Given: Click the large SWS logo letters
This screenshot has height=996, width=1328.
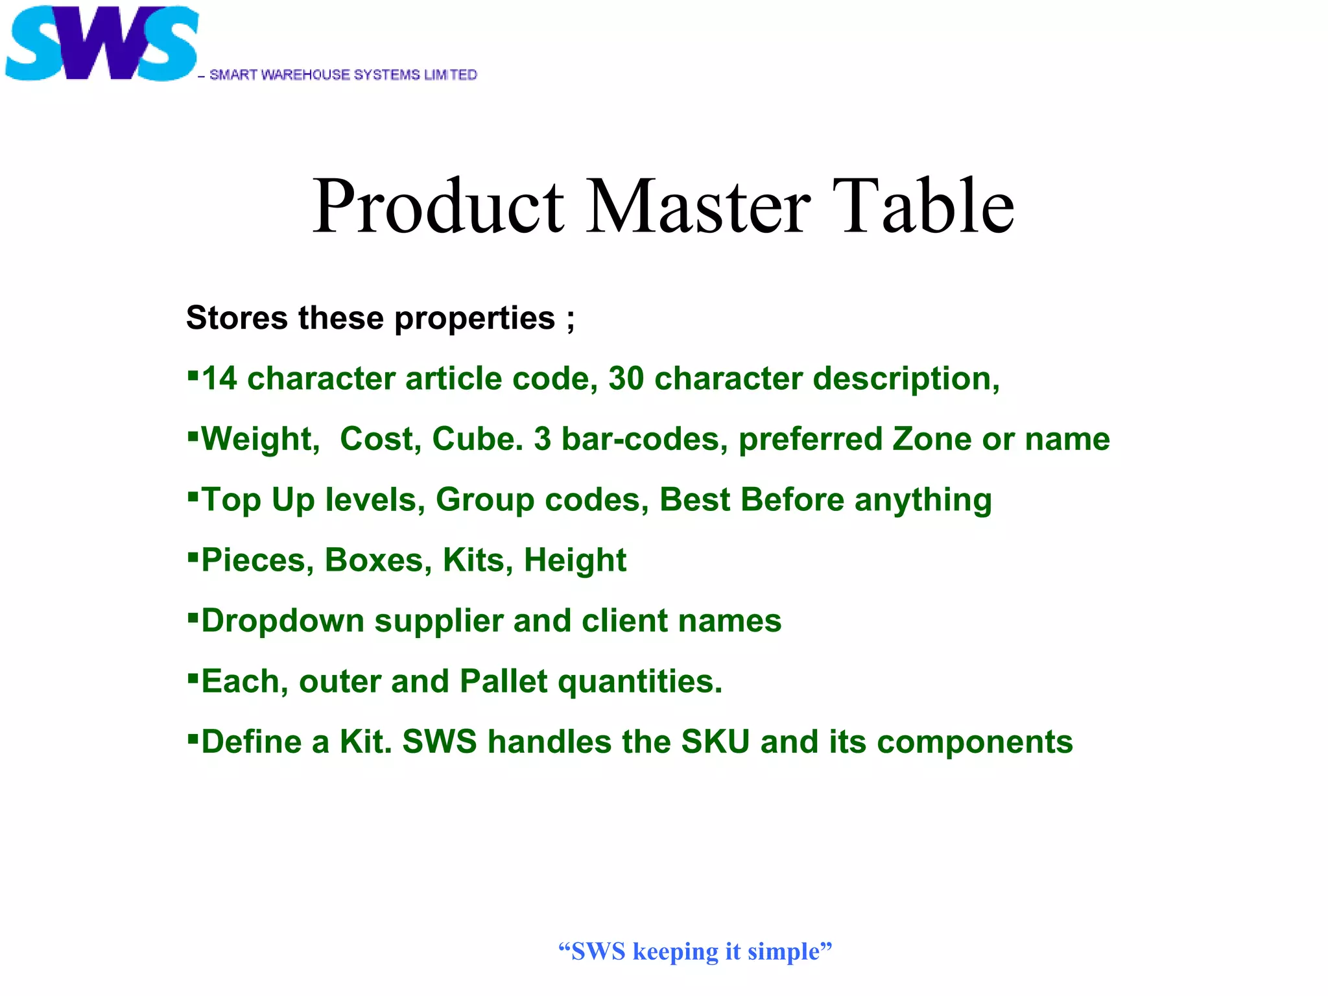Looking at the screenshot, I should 101,44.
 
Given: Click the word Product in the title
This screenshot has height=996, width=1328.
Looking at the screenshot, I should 438,207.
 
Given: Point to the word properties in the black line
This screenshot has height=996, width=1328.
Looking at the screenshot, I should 474,319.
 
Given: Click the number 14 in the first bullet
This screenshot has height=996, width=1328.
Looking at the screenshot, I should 219,379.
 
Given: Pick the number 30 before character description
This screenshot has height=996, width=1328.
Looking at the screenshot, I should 626,379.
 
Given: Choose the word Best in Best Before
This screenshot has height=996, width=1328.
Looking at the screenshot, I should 694,500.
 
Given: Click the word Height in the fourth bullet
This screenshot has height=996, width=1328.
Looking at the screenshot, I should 575,561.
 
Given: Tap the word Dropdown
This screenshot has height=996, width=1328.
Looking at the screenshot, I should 283,621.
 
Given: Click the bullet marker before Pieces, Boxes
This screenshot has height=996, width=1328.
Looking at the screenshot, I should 193,556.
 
